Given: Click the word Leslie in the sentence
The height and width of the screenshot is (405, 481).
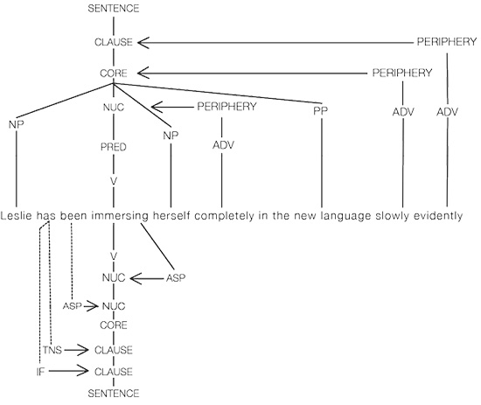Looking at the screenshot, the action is tap(16, 215).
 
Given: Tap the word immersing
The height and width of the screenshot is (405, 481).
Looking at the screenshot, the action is tap(120, 216).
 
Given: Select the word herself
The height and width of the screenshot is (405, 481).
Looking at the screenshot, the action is tap(171, 215).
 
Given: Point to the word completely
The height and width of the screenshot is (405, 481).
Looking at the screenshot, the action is tap(224, 216).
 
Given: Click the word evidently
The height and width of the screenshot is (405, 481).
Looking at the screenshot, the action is tap(438, 216).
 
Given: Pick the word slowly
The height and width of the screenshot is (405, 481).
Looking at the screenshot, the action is tap(393, 216).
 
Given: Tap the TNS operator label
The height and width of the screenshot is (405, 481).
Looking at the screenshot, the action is tap(52, 350).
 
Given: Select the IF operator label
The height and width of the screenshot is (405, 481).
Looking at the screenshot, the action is tap(40, 372).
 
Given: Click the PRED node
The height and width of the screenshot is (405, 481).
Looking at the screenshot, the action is tap(114, 147).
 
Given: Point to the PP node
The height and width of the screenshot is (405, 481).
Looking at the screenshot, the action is tap(321, 111).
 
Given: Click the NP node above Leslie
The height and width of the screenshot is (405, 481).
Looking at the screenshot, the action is tap(17, 124).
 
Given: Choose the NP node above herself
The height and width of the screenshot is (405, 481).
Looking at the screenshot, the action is tap(171, 136).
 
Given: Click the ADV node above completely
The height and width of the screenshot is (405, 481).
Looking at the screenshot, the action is tap(224, 145).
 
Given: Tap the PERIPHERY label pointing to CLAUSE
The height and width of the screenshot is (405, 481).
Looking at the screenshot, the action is tap(447, 41).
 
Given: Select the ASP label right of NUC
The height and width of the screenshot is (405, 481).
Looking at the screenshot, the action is tap(176, 278).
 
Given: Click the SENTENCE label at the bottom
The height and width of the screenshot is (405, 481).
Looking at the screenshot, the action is tap(114, 393).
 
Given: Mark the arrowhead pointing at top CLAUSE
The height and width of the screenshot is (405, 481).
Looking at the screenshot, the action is tap(143, 43).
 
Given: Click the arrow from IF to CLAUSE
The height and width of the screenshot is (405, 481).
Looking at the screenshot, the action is tap(68, 371).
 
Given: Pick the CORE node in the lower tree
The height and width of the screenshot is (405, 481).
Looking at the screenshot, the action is tap(114, 325).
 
